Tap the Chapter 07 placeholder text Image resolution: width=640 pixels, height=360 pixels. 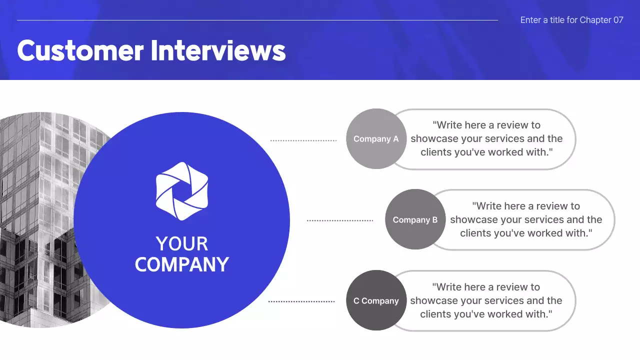click(x=571, y=20)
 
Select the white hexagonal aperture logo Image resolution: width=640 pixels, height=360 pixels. click(x=181, y=191)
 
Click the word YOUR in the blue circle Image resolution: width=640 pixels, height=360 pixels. click(x=181, y=244)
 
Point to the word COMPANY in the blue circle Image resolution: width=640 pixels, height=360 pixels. click(x=181, y=264)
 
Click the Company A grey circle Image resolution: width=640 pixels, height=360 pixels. click(x=376, y=139)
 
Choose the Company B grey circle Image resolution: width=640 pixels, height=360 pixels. click(x=415, y=219)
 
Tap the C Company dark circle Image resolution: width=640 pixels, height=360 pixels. click(x=376, y=300)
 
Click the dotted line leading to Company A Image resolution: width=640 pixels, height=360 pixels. click(x=303, y=140)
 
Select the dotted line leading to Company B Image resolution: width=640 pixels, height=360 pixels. click(x=340, y=220)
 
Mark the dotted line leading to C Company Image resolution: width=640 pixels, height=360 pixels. click(x=301, y=301)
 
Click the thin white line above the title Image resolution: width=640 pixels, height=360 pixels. click(x=257, y=20)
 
